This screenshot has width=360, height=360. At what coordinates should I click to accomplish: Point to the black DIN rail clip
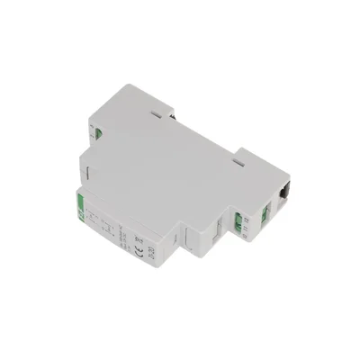pyautogui.click(x=284, y=191)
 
